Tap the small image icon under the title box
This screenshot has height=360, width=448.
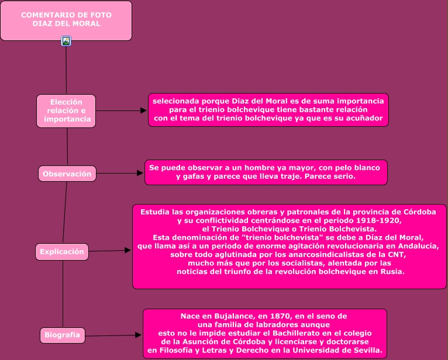pyautogui.click(x=66, y=41)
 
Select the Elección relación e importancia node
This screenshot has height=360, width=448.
pyautogui.click(x=66, y=110)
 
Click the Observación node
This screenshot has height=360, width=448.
pyautogui.click(x=67, y=174)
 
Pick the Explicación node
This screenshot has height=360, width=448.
pyautogui.click(x=62, y=252)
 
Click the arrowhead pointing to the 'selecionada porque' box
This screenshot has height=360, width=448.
pyautogui.click(x=143, y=110)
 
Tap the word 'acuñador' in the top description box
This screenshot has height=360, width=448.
pyautogui.click(x=366, y=118)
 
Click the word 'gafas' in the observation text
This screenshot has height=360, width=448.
pyautogui.click(x=195, y=176)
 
